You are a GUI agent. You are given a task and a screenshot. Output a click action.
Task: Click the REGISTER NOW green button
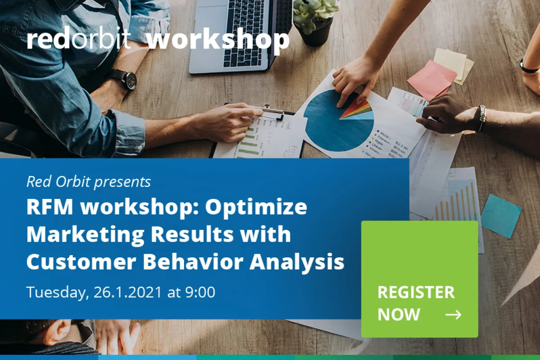[x=419, y=279]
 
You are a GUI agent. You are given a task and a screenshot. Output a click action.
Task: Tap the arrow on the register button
[x=453, y=315]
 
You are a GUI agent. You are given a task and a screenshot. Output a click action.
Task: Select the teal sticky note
[x=501, y=216]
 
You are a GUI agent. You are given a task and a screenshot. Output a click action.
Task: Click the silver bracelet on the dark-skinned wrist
[x=481, y=118]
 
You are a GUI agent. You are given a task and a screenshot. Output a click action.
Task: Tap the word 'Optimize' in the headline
[x=256, y=208]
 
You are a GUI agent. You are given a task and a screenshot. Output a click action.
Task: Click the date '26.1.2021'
[x=127, y=292]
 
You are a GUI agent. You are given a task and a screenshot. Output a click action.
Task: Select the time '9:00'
[x=200, y=292]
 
